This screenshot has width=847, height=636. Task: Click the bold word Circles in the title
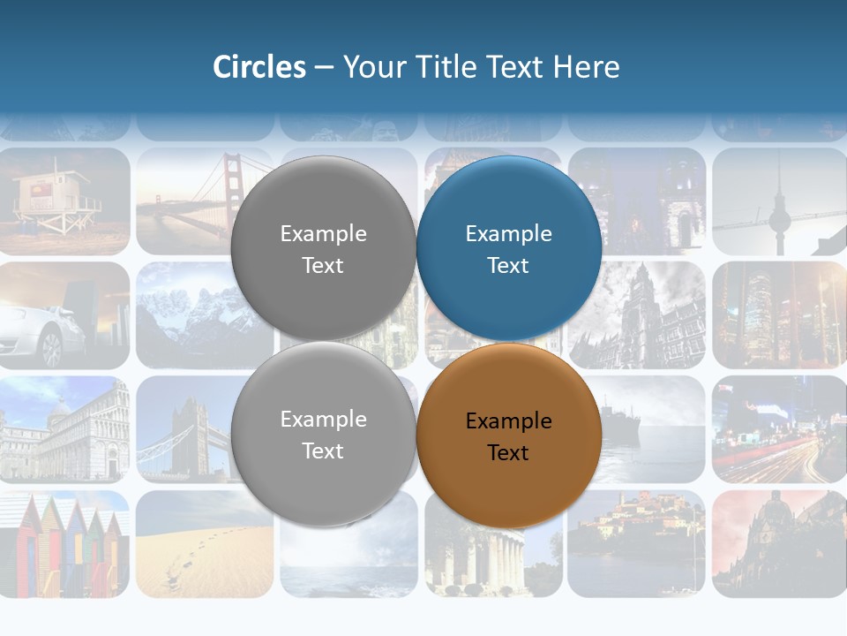click(259, 67)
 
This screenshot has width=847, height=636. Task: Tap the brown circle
click(509, 435)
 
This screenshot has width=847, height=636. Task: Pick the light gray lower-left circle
click(323, 434)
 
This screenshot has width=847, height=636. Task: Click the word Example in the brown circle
click(508, 421)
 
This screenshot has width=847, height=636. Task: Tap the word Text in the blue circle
click(508, 266)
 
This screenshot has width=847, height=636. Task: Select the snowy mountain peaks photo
click(205, 314)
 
